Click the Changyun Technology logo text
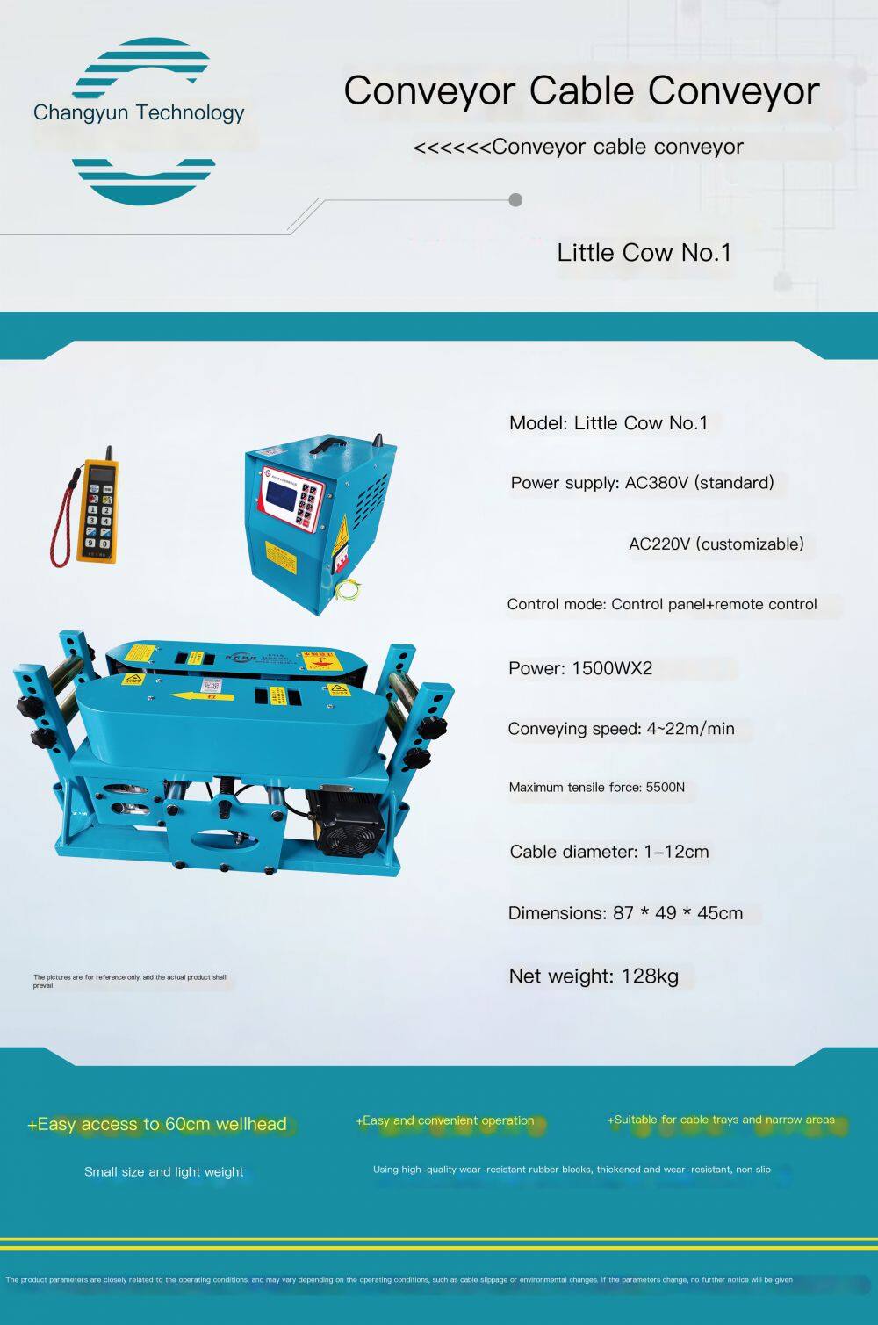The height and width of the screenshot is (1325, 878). point(139,112)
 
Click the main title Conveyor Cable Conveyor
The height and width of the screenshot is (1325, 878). point(581,91)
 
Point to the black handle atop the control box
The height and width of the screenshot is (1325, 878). point(330,443)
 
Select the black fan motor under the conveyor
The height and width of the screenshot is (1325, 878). point(345,821)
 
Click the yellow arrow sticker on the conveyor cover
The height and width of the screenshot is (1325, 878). point(202,696)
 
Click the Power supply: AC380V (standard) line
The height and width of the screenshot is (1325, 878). point(642,483)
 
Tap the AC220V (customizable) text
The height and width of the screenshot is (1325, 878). point(716,544)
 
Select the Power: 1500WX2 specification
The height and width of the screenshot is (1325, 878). point(580,668)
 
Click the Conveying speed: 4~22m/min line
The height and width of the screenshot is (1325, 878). point(622,729)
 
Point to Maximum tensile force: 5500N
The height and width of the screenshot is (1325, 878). point(597,788)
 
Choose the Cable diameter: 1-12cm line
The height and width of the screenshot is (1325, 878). point(609,852)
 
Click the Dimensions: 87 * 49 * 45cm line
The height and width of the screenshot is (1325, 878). point(625,913)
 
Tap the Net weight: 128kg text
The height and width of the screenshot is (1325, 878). point(594,976)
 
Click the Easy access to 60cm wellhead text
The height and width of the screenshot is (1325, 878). point(157,1124)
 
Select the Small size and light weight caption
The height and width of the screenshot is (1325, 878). point(164,1172)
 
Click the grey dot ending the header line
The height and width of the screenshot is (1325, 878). point(515,200)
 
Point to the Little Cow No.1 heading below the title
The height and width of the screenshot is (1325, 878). point(644,253)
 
